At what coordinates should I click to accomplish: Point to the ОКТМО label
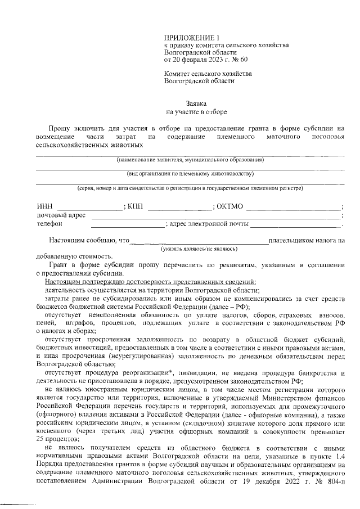[x=229, y=207]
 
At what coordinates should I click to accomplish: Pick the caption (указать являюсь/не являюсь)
[x=199, y=248]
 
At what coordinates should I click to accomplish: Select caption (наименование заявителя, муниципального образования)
[x=191, y=160]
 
